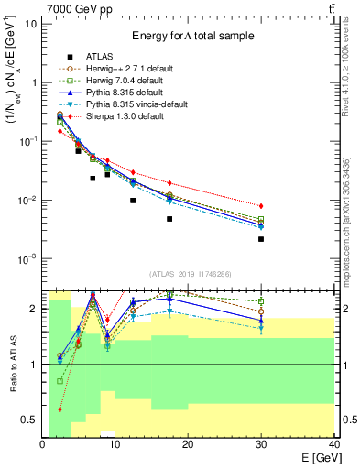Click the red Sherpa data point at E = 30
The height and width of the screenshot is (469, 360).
pyautogui.click(x=261, y=206)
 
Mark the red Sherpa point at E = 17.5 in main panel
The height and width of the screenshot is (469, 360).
pyautogui.click(x=169, y=182)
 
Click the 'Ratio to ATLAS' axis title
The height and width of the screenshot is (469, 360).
pyautogui.click(x=12, y=365)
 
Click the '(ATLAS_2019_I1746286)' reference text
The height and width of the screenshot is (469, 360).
pyautogui.click(x=189, y=274)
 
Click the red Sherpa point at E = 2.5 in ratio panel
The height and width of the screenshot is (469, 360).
pyautogui.click(x=60, y=409)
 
